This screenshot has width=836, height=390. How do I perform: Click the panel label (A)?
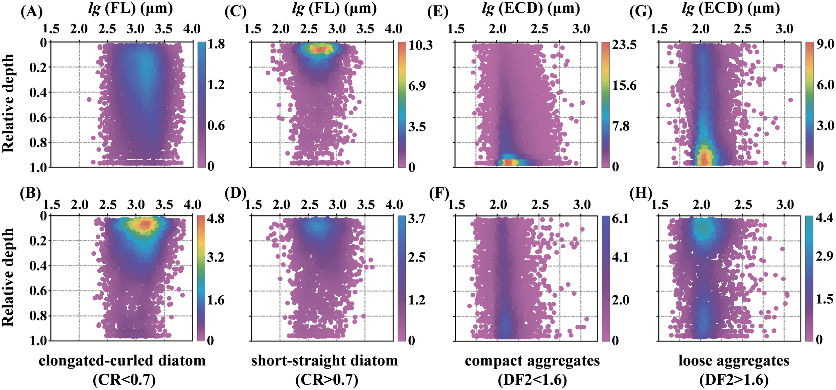pyautogui.click(x=31, y=12)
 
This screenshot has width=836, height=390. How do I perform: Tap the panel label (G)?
pyautogui.click(x=641, y=12)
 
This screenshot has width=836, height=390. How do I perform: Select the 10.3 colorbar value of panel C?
pyautogui.click(x=420, y=45)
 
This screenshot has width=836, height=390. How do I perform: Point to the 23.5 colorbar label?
pyautogui.click(x=624, y=45)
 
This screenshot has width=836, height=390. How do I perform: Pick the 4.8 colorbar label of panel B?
pyautogui.click(x=216, y=219)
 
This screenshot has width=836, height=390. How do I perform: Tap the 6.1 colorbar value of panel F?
pyautogui.click(x=620, y=219)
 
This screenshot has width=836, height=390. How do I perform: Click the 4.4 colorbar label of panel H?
pyautogui.click(x=824, y=218)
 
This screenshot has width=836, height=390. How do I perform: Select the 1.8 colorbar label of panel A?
pyautogui.click(x=216, y=44)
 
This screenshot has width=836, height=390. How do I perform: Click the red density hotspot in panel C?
pyautogui.click(x=320, y=50)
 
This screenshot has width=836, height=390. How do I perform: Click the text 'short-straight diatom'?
pyautogui.click(x=324, y=361)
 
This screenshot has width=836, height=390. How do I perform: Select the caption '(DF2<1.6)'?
pyautogui.click(x=532, y=380)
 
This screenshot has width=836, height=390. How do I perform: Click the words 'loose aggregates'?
pyautogui.click(x=734, y=361)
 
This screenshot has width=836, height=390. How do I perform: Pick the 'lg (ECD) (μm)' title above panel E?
pyautogui.click(x=531, y=8)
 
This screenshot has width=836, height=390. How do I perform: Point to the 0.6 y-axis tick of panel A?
pyautogui.click(x=38, y=117)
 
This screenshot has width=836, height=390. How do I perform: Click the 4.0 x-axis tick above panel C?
pyautogui.click(x=393, y=29)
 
